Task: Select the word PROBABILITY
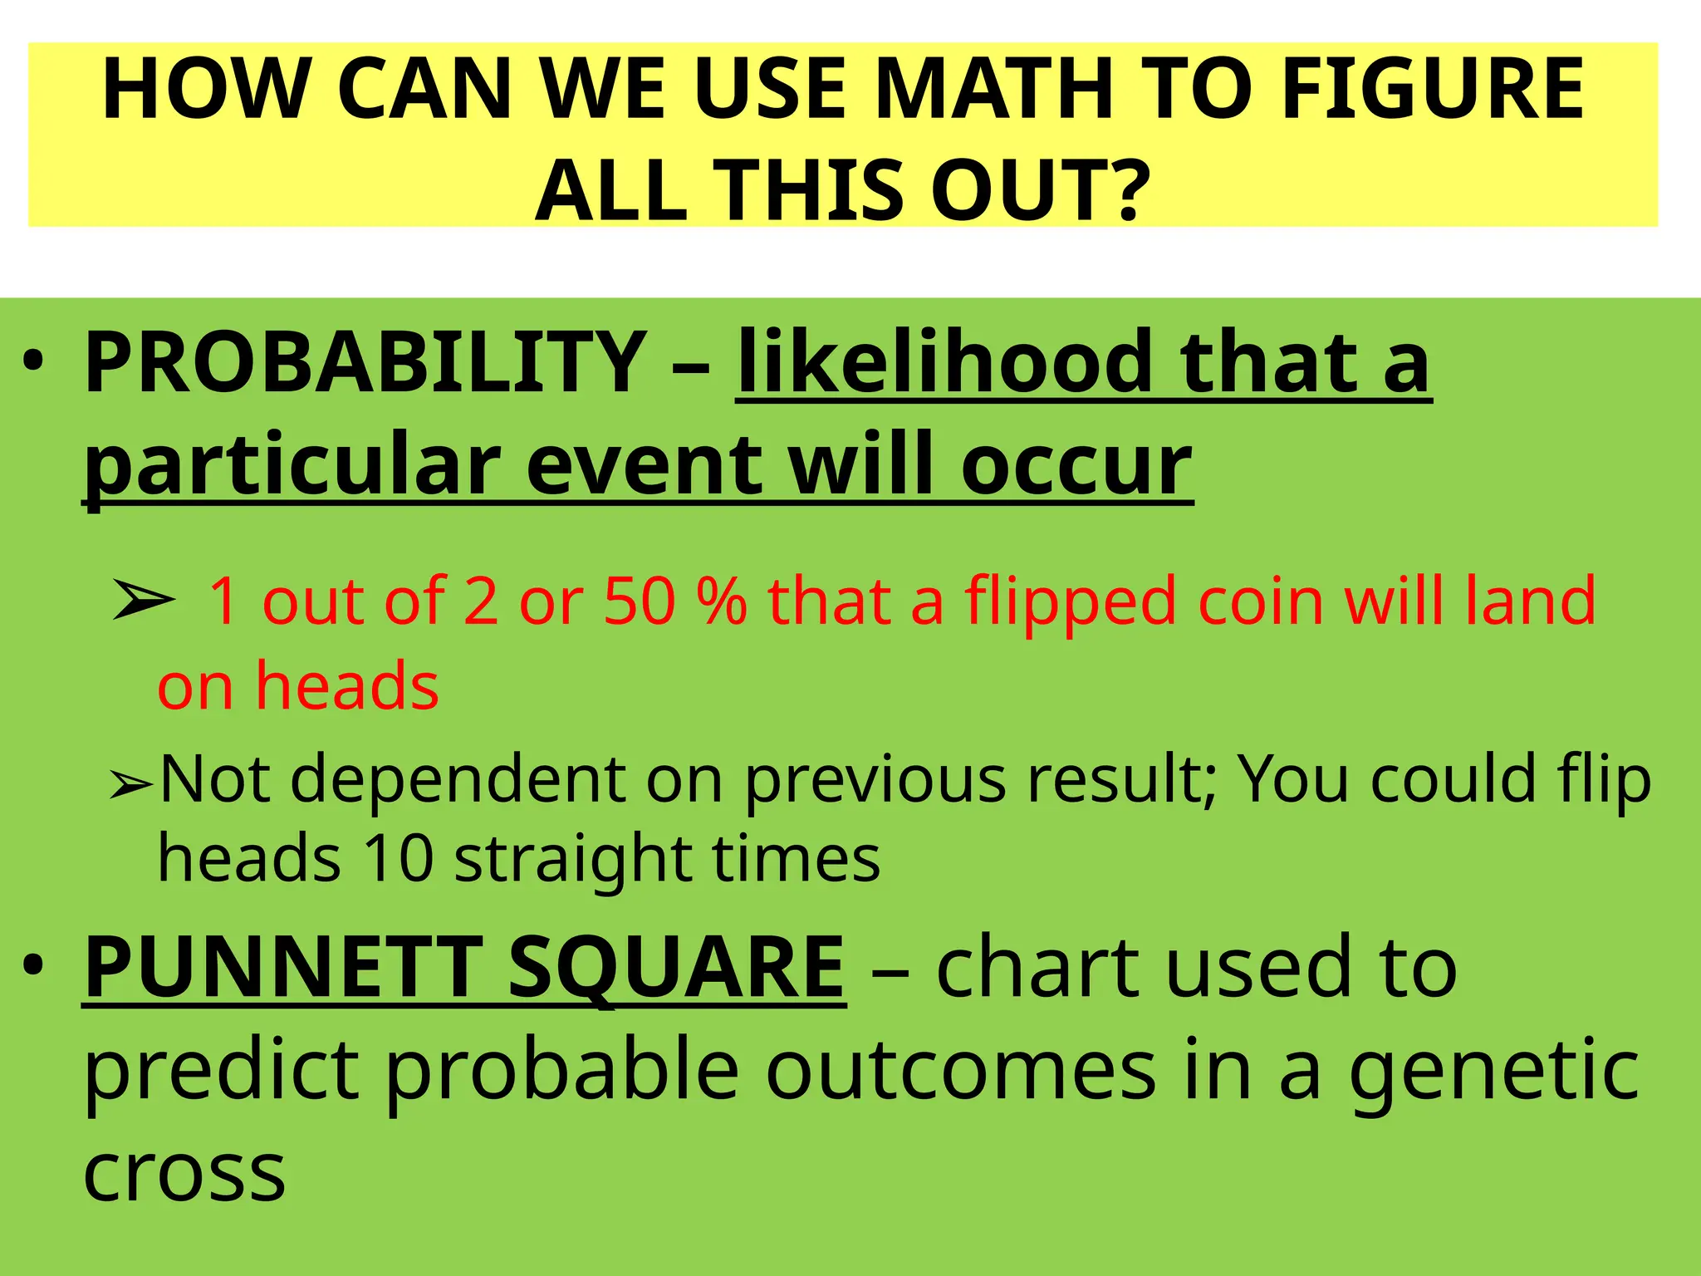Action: click(x=365, y=362)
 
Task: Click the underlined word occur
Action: click(x=1076, y=465)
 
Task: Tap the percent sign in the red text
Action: click(x=722, y=601)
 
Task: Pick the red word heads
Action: click(x=346, y=686)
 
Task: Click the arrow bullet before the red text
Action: click(x=143, y=601)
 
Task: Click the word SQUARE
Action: click(x=676, y=969)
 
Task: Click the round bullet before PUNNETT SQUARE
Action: click(x=32, y=967)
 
